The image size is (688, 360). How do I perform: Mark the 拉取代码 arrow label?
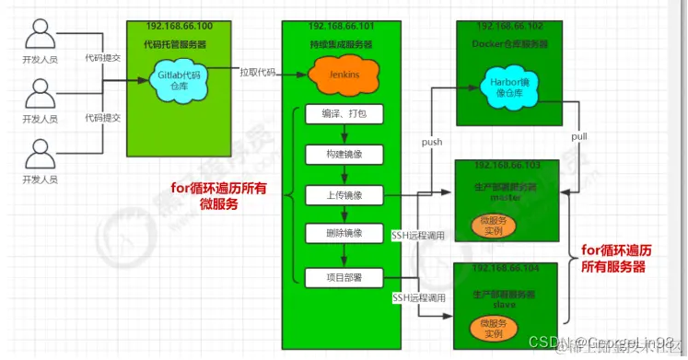[257, 73]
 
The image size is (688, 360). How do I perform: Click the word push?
[433, 143]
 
